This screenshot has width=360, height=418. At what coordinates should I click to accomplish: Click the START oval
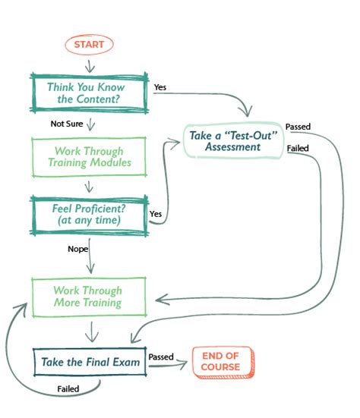pyautogui.click(x=90, y=45)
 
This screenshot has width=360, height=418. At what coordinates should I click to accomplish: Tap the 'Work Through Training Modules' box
pyautogui.click(x=87, y=157)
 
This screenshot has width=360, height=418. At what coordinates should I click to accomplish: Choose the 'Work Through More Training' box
pyautogui.click(x=87, y=297)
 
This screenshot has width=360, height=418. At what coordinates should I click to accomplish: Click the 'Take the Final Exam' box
pyautogui.click(x=89, y=362)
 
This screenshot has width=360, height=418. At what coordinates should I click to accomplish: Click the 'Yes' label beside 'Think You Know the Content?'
pyautogui.click(x=160, y=87)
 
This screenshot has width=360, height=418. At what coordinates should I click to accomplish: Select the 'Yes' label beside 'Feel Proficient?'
pyautogui.click(x=156, y=214)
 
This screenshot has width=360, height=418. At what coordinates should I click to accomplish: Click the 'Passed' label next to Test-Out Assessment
pyautogui.click(x=298, y=126)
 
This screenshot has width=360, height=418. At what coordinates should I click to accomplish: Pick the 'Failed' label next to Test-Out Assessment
pyautogui.click(x=297, y=149)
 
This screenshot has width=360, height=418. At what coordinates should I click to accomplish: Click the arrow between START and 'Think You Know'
pyautogui.click(x=90, y=64)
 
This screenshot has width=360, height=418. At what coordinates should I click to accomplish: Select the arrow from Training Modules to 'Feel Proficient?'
pyautogui.click(x=90, y=186)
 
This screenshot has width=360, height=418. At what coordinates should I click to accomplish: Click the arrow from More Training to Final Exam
pyautogui.click(x=92, y=331)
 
